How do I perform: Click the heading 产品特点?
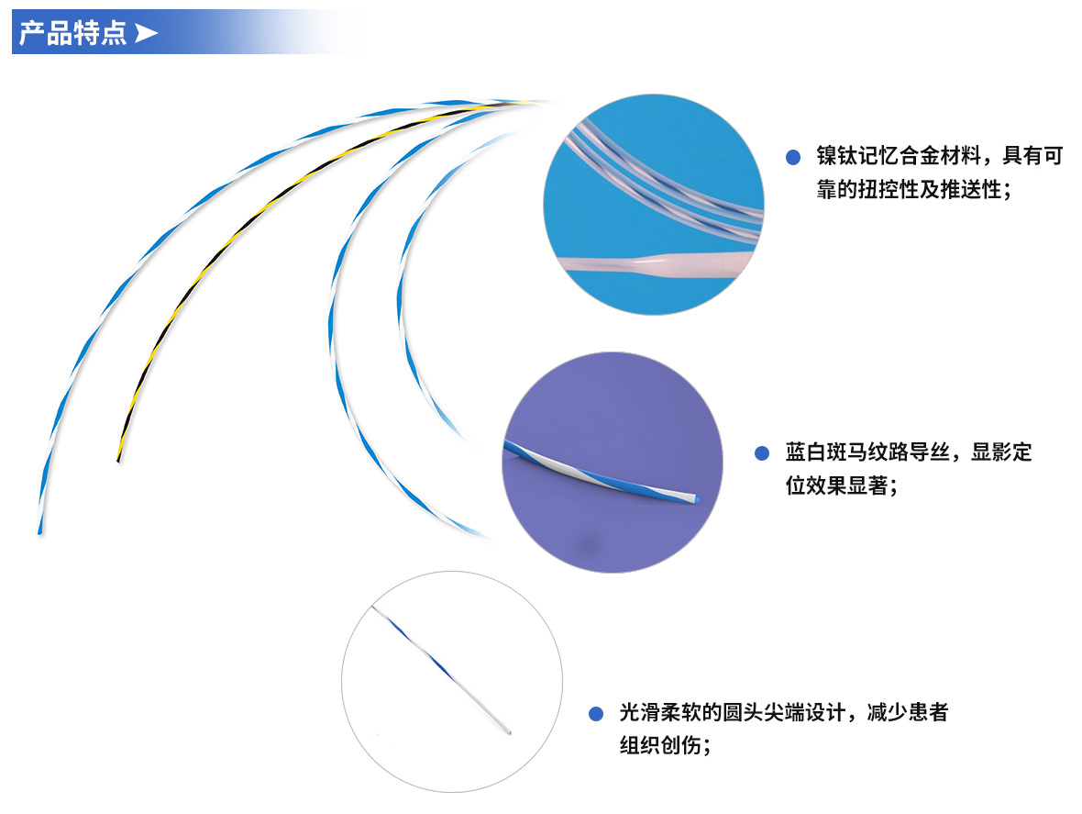[x=72, y=33]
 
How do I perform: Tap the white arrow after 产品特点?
[x=146, y=32]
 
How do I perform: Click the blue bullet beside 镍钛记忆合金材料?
[x=793, y=158]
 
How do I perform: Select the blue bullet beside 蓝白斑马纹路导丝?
[x=762, y=453]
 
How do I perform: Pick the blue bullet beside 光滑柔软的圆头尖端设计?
[x=595, y=713]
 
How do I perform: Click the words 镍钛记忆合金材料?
[x=899, y=156]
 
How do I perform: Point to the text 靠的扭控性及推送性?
[x=908, y=189]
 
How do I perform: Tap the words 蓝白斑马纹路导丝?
[x=867, y=452]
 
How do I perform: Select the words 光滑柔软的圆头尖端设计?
[x=732, y=712]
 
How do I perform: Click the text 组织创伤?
[x=659, y=746]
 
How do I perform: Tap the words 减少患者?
[x=908, y=712]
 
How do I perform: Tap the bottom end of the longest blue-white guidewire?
[x=40, y=531]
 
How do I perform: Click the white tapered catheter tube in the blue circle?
[x=656, y=264]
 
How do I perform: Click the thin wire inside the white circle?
[x=441, y=669]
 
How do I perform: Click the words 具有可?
[x=1032, y=156]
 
